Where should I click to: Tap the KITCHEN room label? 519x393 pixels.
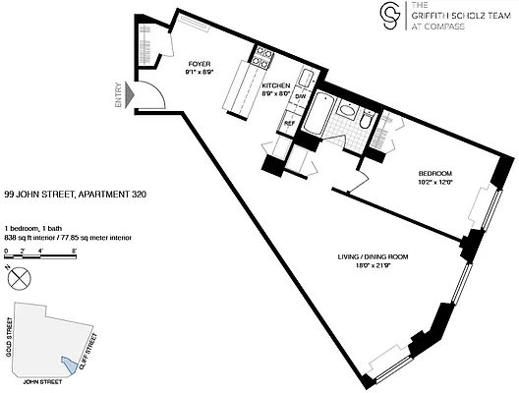pos(275,87)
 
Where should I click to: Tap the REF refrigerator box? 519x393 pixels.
pos(290,123)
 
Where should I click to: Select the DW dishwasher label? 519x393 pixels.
pos(302,96)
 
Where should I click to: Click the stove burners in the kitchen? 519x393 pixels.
pos(262,58)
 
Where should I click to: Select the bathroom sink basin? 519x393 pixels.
pos(348,111)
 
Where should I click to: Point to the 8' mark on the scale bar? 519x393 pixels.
pos(76,253)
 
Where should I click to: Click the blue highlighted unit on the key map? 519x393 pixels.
pos(68,363)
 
